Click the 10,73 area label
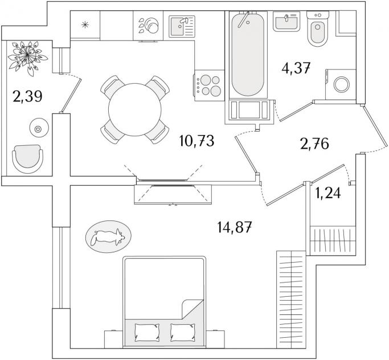(196, 141)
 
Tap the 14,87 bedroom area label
(235, 227)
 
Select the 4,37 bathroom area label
(296, 68)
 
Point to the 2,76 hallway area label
(314, 144)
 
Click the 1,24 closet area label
(328, 193)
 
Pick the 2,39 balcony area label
(28, 96)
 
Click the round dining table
(135, 109)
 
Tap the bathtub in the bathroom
(248, 54)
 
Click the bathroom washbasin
(286, 21)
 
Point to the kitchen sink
(182, 26)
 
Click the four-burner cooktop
(210, 85)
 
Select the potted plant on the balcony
(27, 58)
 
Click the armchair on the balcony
(27, 159)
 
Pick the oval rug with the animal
(108, 237)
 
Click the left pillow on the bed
(147, 332)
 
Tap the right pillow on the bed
(183, 332)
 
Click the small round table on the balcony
(39, 129)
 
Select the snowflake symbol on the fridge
(85, 25)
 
